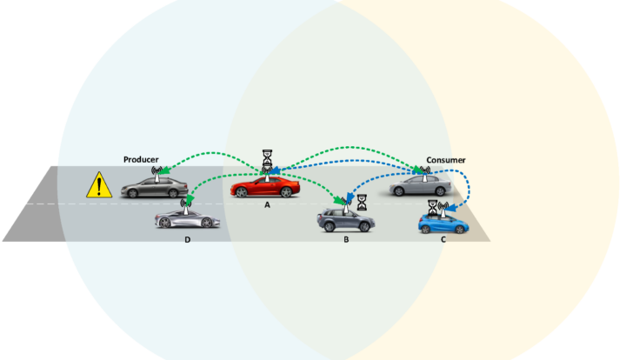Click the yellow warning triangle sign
pyautogui.click(x=99, y=185)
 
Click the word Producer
pyautogui.click(x=141, y=160)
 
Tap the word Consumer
pyautogui.click(x=445, y=160)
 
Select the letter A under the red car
pyautogui.click(x=267, y=204)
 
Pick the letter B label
pyautogui.click(x=346, y=239)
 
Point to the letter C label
pyautogui.click(x=443, y=239)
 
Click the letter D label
pyautogui.click(x=187, y=239)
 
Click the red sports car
pyautogui.click(x=265, y=187)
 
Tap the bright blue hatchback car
pyautogui.click(x=443, y=223)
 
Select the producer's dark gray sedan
pyautogui.click(x=154, y=188)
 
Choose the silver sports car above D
pyautogui.click(x=187, y=219)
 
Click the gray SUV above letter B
pyautogui.click(x=346, y=221)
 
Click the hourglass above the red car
pyautogui.click(x=267, y=157)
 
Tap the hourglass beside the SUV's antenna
pyautogui.click(x=362, y=203)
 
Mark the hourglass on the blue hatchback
pyautogui.click(x=432, y=208)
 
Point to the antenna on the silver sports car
pyautogui.click(x=186, y=207)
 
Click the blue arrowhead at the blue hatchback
pyautogui.click(x=455, y=207)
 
